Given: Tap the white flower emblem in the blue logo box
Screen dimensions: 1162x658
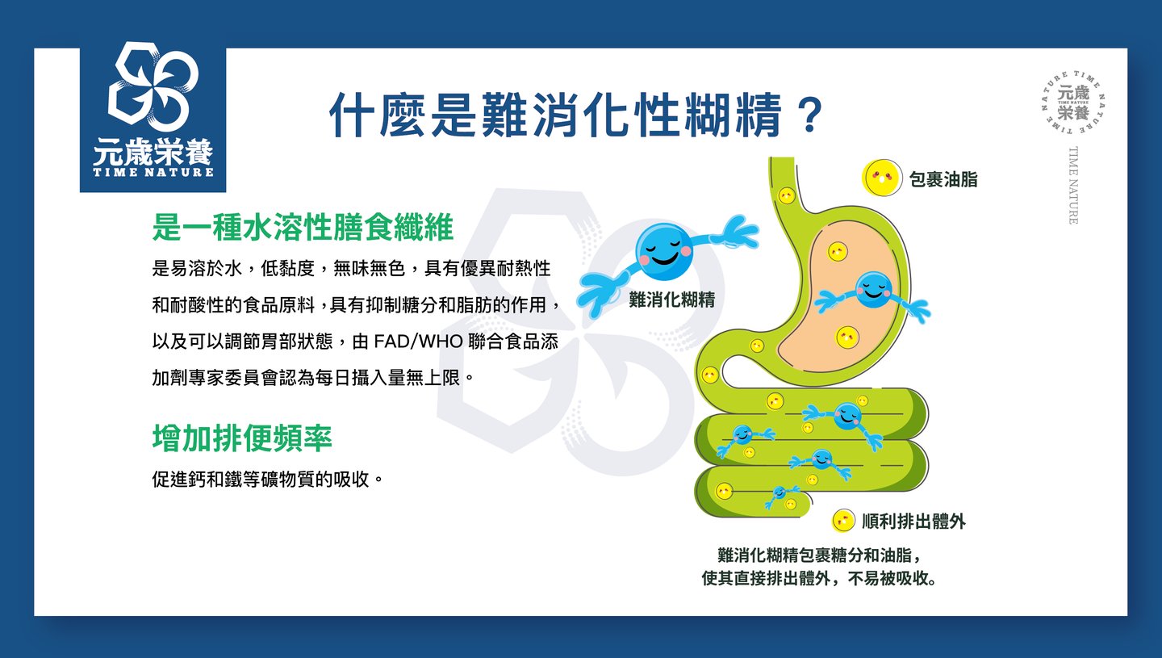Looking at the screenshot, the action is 153,86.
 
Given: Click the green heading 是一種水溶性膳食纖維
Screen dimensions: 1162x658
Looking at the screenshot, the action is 303,227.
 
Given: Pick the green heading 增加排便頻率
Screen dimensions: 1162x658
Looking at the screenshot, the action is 242,438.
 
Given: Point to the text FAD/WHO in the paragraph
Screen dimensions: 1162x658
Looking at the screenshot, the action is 418,342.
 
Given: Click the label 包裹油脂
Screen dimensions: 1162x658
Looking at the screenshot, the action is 943,179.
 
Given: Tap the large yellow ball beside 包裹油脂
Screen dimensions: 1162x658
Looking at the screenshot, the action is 881,178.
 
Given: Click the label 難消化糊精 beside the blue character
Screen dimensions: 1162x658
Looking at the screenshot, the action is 671,300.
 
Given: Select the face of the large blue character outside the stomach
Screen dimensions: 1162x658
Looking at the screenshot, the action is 664,251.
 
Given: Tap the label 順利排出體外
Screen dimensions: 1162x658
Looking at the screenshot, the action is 913,521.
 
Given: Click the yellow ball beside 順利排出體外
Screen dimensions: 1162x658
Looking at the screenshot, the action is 843,521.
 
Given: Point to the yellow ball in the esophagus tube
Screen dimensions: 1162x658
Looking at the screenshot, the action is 787,195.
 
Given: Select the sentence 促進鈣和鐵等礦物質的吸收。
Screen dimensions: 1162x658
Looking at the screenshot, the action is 268,479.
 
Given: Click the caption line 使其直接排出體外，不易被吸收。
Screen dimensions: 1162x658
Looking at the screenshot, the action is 820,577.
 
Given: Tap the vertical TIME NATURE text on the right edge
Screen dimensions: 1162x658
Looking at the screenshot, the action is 1072,185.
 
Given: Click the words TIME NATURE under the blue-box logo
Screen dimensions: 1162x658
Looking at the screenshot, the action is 153,172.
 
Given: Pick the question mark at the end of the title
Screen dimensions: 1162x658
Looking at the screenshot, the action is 809,115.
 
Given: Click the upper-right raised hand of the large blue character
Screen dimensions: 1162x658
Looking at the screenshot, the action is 737,233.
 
